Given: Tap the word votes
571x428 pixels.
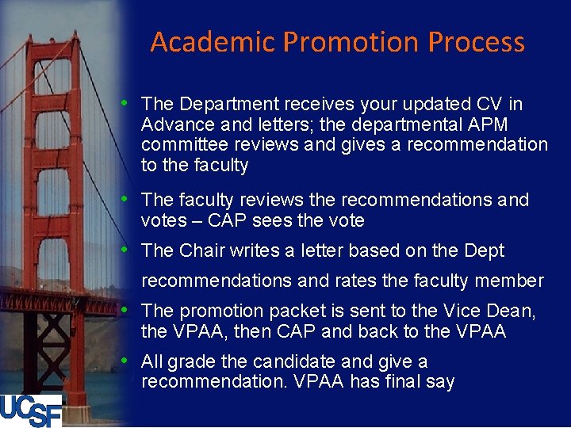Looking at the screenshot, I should pos(162,220).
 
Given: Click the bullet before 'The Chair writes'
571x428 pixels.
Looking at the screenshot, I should pos(126,250).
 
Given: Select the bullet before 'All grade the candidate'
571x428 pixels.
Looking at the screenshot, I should pos(126,361).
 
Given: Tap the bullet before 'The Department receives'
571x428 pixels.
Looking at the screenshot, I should pos(126,102).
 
